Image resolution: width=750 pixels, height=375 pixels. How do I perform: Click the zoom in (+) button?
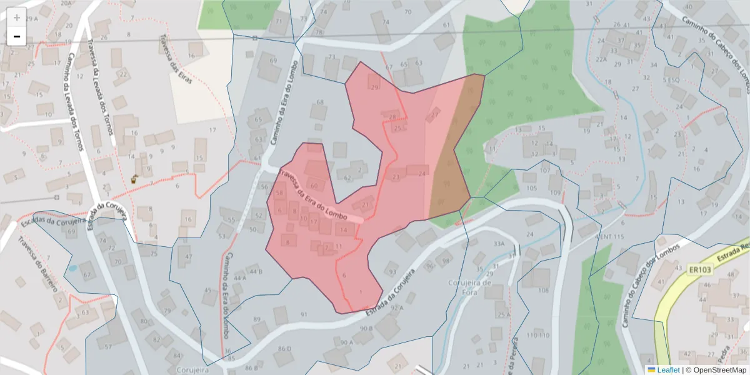[17, 17]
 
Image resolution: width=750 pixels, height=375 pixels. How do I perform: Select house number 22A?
[601, 59]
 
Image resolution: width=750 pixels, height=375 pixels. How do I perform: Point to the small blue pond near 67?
[72, 268]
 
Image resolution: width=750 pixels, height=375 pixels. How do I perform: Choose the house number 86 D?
[285, 348]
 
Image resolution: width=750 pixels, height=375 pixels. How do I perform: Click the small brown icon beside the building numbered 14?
[134, 179]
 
